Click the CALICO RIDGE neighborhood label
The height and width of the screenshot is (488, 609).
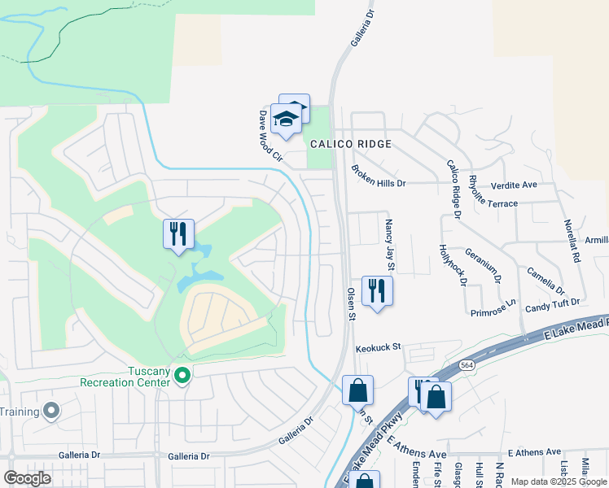point(349,144)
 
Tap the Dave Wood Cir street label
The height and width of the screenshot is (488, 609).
point(269,136)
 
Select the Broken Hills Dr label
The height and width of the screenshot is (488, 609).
point(378,176)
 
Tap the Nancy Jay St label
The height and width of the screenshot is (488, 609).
point(389,245)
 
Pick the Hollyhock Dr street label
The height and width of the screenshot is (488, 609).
point(453,265)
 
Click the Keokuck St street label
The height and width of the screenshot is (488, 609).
point(379,347)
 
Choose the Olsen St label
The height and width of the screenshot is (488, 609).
point(353,303)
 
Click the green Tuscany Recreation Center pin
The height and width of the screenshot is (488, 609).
point(183,376)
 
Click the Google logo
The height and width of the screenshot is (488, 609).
point(27,478)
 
